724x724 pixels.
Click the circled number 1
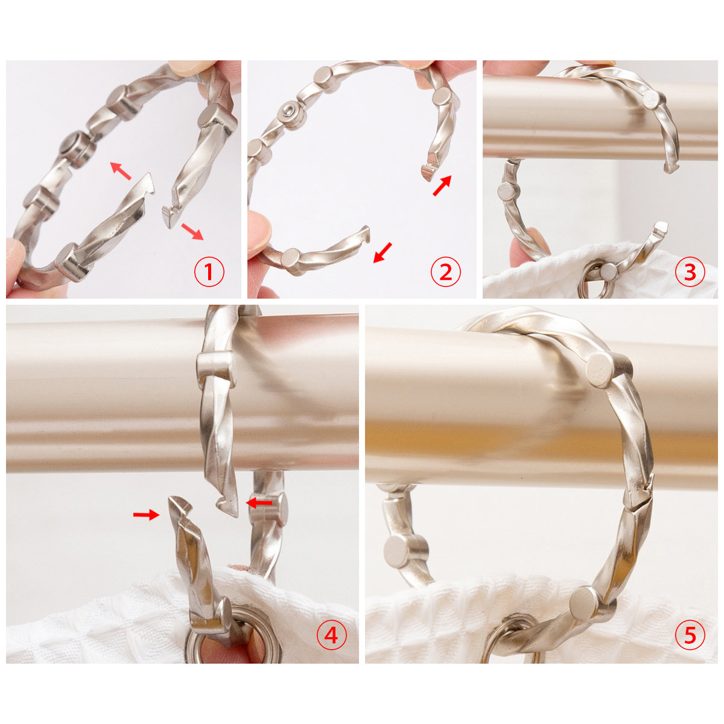(x=209, y=273)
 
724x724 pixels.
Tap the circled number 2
(x=445, y=273)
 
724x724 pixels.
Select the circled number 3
(x=690, y=273)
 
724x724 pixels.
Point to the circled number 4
(x=332, y=635)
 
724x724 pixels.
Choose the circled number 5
(x=690, y=635)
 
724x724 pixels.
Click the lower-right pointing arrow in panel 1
(x=192, y=230)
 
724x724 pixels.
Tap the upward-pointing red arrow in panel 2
(x=442, y=185)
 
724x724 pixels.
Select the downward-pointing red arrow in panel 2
(x=383, y=252)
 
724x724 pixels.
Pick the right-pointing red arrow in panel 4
(x=145, y=514)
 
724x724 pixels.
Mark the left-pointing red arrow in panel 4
(x=260, y=501)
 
